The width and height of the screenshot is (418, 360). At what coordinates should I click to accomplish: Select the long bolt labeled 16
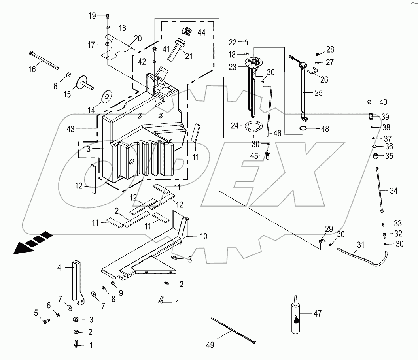(x=43, y=60)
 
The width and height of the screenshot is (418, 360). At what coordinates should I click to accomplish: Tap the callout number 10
(x=203, y=237)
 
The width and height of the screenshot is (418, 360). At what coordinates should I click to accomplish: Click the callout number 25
(x=318, y=93)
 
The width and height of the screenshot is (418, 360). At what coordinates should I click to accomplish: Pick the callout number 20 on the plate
(x=138, y=38)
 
